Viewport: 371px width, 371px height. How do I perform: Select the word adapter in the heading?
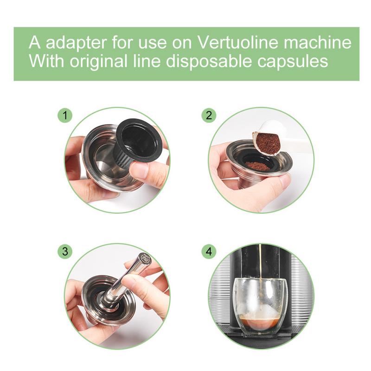click(x=70, y=43)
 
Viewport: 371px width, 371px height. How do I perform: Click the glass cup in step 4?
click(x=260, y=301)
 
